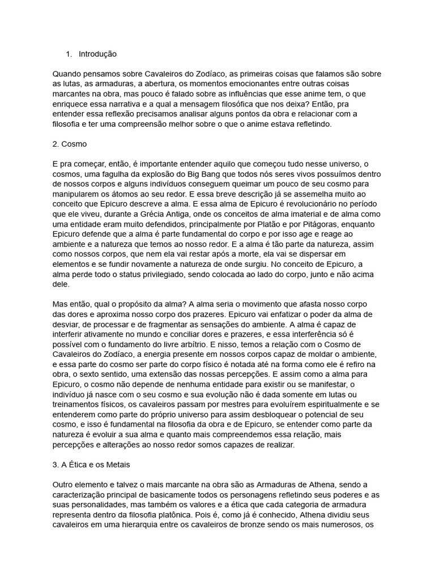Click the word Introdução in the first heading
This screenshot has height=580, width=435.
(97, 54)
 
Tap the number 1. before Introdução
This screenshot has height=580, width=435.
(69, 54)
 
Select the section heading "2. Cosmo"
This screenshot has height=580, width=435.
(69, 144)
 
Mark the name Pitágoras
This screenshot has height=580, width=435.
(309, 224)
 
